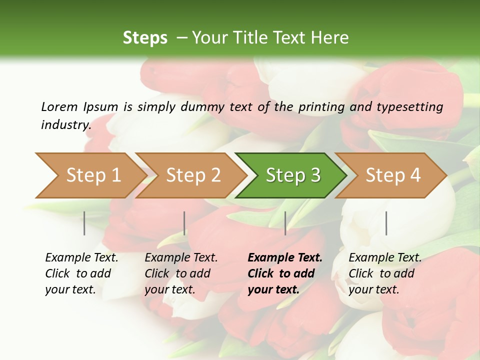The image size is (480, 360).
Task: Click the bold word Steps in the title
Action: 145,38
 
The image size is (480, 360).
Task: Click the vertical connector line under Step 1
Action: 84,223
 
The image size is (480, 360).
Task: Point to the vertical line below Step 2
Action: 184,223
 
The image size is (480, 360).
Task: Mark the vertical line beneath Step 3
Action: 285,223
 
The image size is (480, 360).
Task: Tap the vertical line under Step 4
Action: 386,223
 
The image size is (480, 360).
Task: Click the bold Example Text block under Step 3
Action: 285,273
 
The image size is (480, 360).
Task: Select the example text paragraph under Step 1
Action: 81,273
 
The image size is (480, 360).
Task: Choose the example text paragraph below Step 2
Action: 181,273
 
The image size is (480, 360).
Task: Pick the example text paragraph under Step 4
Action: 385,273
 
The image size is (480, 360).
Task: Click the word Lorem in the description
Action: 59,107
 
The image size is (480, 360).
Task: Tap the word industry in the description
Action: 65,125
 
